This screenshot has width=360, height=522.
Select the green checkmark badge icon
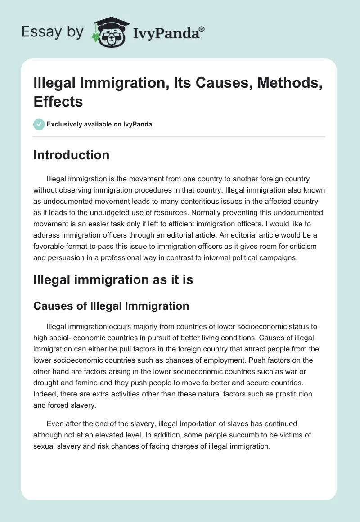tap(39, 124)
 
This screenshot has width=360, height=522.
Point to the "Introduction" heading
tap(72, 155)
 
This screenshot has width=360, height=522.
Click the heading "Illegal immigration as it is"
tap(113, 279)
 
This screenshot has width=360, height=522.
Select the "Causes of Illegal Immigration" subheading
tap(111, 306)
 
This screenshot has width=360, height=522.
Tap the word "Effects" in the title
tap(58, 101)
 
